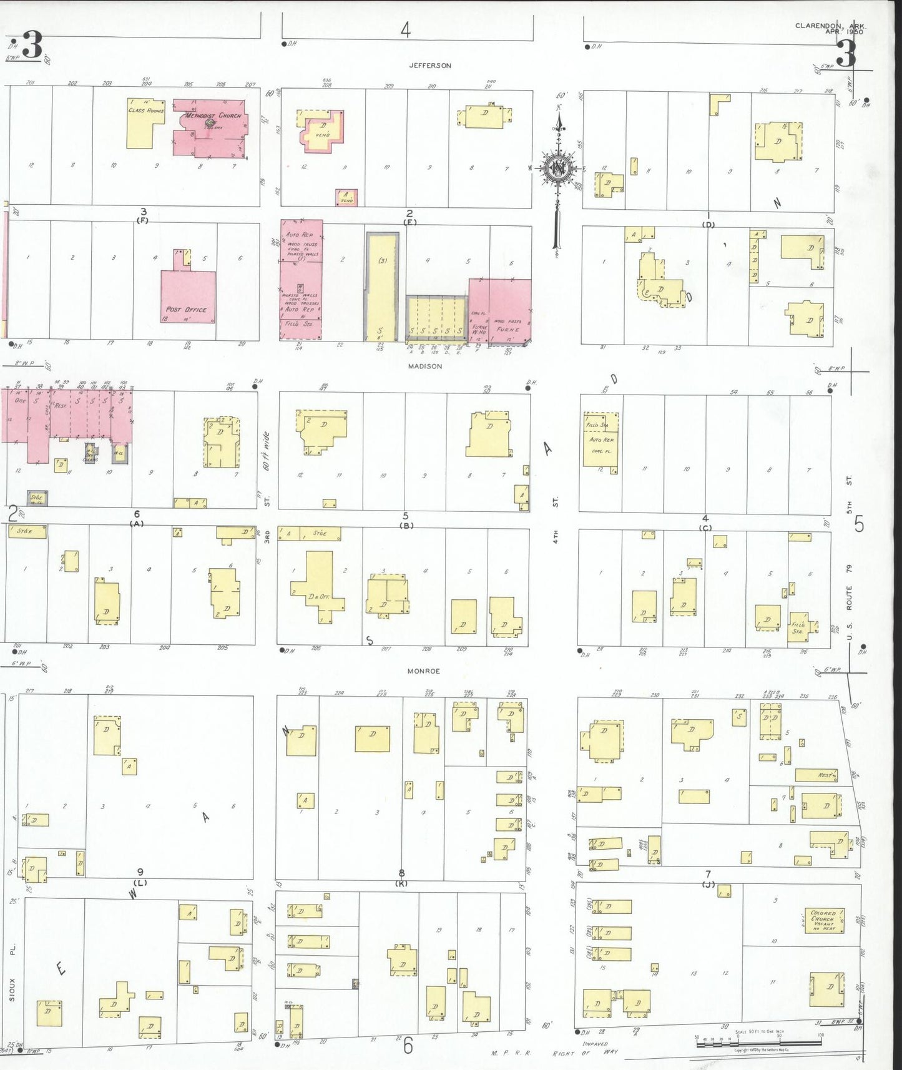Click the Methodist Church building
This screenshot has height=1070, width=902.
[212, 128]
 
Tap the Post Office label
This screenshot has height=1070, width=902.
[186, 309]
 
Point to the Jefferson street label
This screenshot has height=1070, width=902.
[429, 65]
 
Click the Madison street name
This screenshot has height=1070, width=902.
[425, 366]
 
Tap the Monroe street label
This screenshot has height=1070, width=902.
[424, 671]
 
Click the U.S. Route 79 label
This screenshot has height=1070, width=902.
[849, 587]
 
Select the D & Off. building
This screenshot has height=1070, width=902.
[318, 587]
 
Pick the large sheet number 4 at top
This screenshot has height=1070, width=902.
[406, 29]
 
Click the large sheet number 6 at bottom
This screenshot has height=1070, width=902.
[408, 1045]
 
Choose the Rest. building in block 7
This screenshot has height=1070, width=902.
[816, 775]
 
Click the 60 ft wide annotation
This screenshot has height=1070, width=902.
[266, 451]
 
